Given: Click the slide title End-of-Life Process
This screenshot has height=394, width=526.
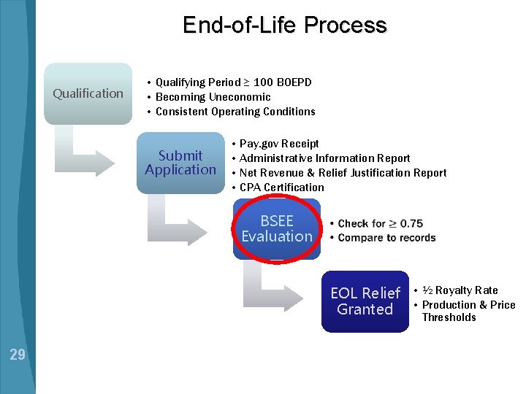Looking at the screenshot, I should point(284,26).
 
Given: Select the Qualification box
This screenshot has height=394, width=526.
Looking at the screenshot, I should point(88,93).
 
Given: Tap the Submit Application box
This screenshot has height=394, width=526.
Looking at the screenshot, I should point(180,163).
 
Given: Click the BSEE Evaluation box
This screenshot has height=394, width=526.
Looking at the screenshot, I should point(277,229).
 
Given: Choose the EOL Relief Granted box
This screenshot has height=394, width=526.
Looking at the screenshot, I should point(365,301).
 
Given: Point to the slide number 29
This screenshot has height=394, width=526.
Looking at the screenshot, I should point(18,355).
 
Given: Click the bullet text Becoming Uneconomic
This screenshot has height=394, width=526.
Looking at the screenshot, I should point(213,97).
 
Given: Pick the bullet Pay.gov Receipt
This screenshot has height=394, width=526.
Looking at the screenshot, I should point(279,144).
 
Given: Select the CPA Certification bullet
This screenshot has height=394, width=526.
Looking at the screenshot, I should point(281,188).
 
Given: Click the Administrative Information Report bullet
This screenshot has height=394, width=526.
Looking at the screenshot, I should point(324,158).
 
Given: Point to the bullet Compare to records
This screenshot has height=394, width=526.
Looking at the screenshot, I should point(386,238).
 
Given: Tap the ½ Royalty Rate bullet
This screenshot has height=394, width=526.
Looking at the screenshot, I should point(460,290).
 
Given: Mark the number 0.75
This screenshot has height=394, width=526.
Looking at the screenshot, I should point(411,223).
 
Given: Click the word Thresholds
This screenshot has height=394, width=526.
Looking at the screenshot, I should point(449,317).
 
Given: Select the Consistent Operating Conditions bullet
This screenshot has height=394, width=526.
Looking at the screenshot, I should point(235,112).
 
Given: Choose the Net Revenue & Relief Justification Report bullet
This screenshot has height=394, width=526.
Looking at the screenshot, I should point(343,173).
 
